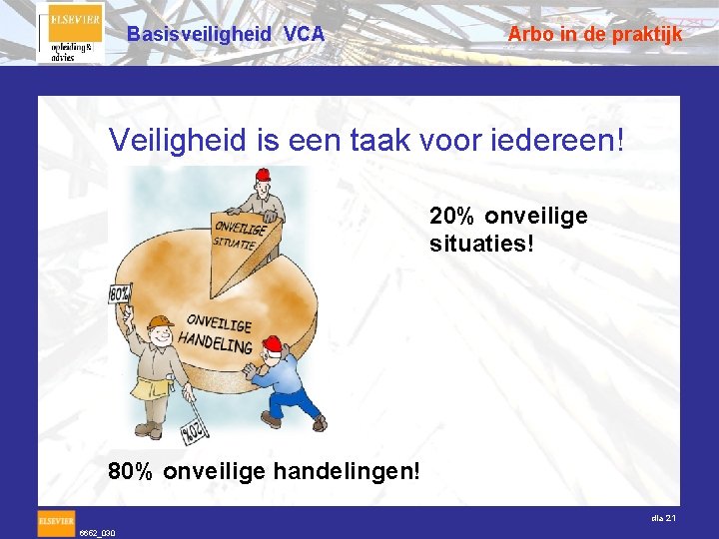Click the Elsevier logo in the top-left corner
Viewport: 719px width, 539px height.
tap(69, 32)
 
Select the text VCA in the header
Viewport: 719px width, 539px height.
tap(304, 34)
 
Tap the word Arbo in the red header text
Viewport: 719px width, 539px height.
tap(529, 34)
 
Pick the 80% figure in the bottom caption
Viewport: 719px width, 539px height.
tap(131, 469)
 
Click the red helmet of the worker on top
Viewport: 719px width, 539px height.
tap(263, 176)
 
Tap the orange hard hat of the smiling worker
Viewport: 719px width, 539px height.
tap(159, 323)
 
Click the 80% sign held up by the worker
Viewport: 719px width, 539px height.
tap(120, 294)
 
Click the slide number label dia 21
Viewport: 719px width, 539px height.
tap(664, 518)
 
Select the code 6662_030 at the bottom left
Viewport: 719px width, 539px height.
tap(97, 533)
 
